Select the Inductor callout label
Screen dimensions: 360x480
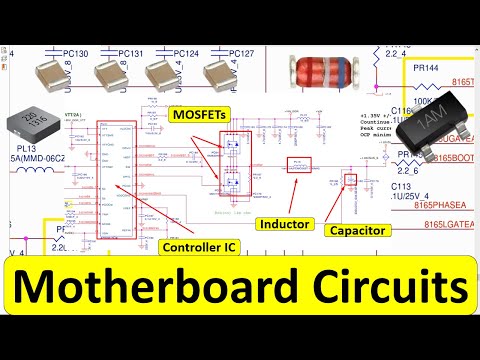click(x=285, y=223)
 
